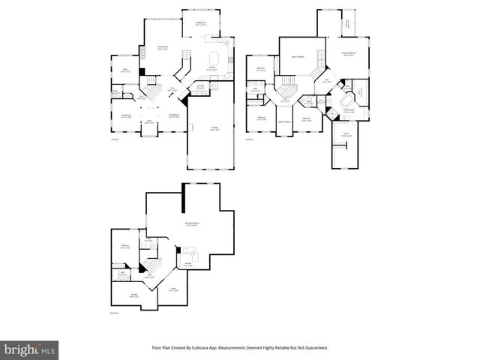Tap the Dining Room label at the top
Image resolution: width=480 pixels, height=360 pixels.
pyautogui.click(x=202, y=24)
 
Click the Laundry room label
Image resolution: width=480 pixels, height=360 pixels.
pyautogui.click(x=200, y=88)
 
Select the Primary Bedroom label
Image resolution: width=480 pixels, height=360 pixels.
pyautogui.click(x=347, y=55)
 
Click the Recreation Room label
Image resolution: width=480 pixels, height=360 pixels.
pyautogui.click(x=191, y=223)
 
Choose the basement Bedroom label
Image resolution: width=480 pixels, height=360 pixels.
pyautogui.click(x=125, y=247)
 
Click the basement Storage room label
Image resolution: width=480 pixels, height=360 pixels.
pyautogui.click(x=133, y=296)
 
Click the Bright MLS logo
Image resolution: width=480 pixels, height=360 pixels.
pyautogui.click(x=31, y=349)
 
